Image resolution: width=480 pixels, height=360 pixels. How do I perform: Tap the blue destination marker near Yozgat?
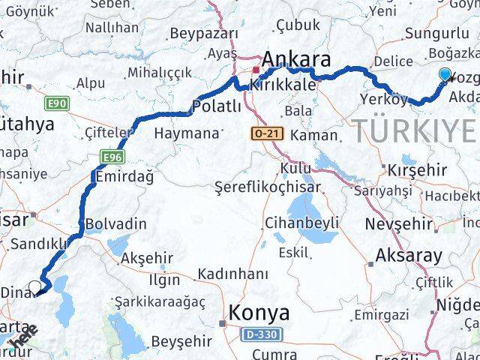(445, 74)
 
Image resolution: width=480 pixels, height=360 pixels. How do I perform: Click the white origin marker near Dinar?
(34, 286)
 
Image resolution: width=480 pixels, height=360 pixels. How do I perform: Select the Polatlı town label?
(217, 106)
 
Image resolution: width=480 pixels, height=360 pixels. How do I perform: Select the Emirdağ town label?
(124, 176)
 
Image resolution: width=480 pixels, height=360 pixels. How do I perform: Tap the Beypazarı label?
(204, 34)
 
